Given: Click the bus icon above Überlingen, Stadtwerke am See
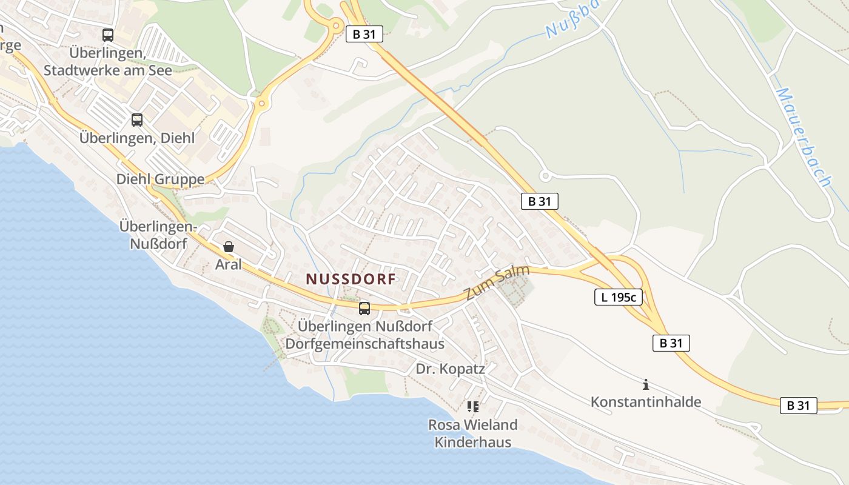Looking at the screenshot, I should coord(108,35).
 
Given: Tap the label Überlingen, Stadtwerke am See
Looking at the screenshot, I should coord(107,62).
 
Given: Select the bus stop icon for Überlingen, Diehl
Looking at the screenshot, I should coord(137,120).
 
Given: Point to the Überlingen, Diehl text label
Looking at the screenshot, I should coord(137,138).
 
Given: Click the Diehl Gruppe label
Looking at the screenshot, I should coord(160,179).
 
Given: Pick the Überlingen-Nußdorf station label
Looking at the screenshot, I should coord(158,235).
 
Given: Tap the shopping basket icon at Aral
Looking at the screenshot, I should coord(229,247).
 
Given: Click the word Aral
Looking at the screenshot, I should coord(229,264).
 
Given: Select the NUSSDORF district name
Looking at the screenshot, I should coord(351,279).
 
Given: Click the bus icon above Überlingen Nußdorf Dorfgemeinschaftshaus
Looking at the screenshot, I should coord(364,309).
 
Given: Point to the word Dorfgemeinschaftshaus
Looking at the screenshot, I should coord(364,344).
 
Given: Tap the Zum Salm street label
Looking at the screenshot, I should coord(497,283).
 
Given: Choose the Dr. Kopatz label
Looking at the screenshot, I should coord(451,369).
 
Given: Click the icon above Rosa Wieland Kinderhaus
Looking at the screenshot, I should coord(473,407).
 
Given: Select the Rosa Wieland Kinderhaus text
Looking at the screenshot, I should coord(473,433).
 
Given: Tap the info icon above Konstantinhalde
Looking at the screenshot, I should coord(646,384).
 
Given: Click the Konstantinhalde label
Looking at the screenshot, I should coord(646,402).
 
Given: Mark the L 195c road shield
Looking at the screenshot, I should coord(618,297).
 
